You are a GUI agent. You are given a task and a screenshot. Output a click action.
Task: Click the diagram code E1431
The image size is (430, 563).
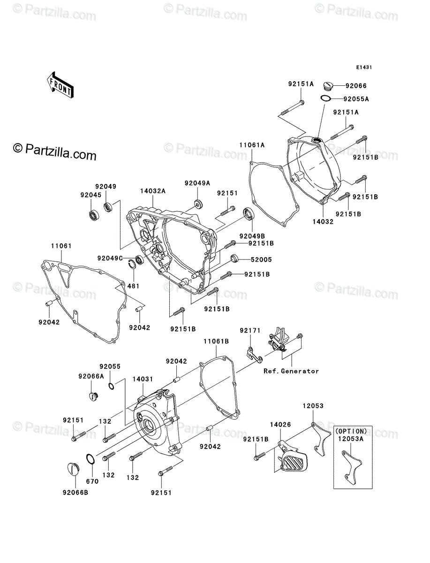363,68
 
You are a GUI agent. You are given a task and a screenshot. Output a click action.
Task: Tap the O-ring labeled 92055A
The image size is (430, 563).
326,99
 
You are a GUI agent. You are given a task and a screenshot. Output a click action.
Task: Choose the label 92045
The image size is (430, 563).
90,195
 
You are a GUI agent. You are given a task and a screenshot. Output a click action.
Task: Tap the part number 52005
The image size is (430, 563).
261,259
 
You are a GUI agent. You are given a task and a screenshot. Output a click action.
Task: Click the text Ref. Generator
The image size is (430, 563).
291,371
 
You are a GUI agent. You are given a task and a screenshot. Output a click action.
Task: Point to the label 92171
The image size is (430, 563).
249,331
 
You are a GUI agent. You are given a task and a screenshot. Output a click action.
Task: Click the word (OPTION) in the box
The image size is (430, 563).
351,431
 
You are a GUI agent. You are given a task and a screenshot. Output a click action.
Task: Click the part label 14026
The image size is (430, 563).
280,425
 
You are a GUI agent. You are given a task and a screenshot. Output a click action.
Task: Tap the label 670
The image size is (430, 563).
92,481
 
